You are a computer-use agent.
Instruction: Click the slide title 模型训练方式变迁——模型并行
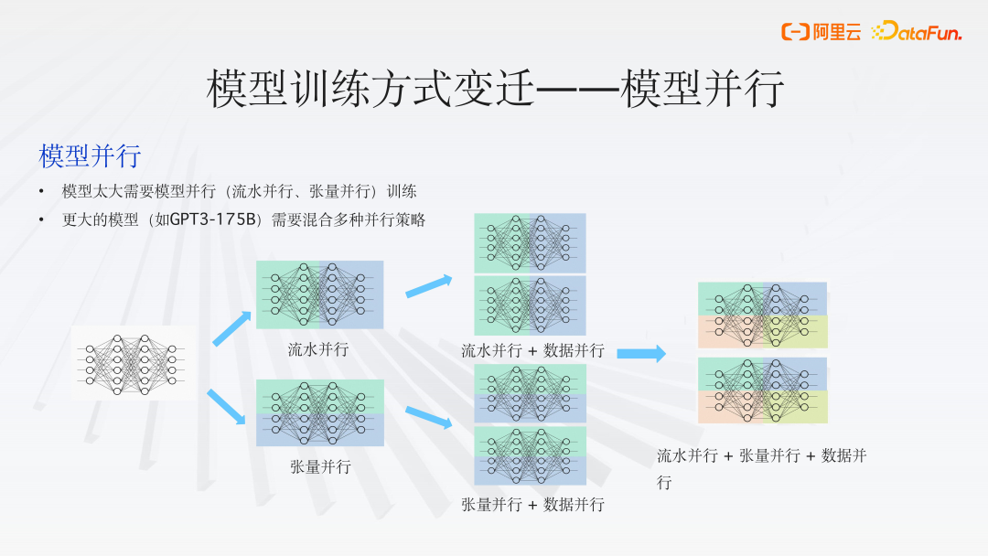point(495,90)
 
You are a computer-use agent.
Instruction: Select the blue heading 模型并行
point(90,155)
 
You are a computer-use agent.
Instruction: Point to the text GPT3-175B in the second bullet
point(217,220)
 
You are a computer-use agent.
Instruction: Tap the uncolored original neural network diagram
point(134,363)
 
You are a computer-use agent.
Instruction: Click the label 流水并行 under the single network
point(318,349)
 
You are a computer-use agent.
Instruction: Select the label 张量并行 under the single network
point(320,467)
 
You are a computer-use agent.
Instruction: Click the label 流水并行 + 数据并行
point(532,350)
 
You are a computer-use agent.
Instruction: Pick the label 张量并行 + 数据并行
point(532,505)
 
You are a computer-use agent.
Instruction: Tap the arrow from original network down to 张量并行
point(228,406)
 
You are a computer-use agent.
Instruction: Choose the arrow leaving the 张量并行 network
point(429,418)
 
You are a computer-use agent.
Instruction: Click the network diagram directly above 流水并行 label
point(319,294)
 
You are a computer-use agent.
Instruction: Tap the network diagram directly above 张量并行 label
point(319,412)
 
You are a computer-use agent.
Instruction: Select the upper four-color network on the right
point(762,315)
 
